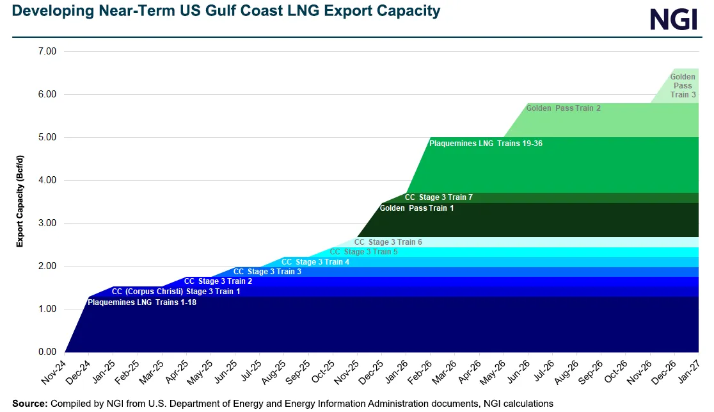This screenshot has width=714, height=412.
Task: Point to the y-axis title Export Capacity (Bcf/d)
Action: coord(20,201)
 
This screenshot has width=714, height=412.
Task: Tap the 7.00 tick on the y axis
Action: coord(47,51)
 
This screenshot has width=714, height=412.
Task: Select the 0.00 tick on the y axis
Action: coord(47,352)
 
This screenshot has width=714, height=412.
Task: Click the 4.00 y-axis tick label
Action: coord(47,180)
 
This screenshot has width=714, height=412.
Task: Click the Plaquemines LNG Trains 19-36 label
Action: coord(486,144)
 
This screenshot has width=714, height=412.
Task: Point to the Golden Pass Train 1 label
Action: coord(416,208)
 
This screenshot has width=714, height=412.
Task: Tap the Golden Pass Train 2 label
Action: coord(563,108)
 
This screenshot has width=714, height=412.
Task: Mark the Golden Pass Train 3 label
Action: coord(683,86)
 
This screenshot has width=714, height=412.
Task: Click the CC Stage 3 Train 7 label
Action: coord(438,197)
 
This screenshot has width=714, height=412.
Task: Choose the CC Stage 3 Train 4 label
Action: coord(315,261)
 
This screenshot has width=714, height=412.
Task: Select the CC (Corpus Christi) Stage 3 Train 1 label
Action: coord(176,292)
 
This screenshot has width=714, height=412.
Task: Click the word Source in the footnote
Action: coord(29,404)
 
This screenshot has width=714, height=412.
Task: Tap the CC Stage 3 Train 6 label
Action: coord(388,242)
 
